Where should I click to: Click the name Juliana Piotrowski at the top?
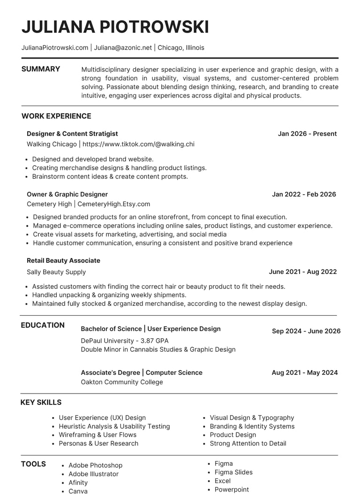coord(115,27)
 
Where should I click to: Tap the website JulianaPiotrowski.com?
coord(55,47)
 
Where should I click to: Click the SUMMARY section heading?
coord(41,69)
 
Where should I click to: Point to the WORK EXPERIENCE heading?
coord(56,116)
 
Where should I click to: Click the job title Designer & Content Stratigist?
coord(72,134)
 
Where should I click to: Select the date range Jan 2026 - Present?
coord(307,134)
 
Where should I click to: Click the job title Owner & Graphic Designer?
coord(67,194)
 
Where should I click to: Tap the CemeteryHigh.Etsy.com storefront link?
coord(113,204)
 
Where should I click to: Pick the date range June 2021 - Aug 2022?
coord(302,272)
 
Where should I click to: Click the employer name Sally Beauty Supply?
coord(56,272)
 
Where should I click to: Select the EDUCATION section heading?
coord(43,325)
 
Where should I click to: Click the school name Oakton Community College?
coord(122,382)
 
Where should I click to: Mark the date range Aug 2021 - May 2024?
coord(305,373)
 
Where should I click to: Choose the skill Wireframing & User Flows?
coord(97,435)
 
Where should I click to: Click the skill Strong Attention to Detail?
coord(247,443)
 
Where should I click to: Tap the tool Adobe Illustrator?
coord(93,474)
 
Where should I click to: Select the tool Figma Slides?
coord(233,472)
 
